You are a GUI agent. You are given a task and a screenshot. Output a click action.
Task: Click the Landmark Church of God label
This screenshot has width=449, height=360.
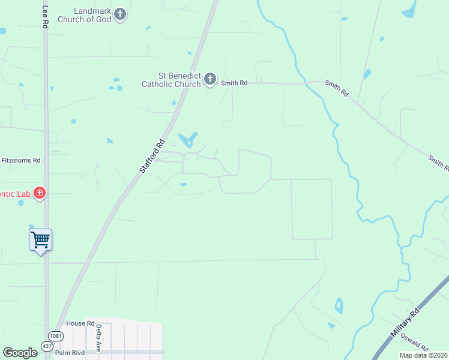click(84, 15)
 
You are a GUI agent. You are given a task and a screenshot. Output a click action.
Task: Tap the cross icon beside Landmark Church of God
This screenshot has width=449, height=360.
click(121, 14)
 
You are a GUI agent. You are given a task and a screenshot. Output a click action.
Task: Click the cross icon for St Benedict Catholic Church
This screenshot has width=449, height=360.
click(210, 79)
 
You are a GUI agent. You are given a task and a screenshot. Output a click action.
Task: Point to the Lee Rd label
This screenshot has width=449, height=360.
click(45, 17)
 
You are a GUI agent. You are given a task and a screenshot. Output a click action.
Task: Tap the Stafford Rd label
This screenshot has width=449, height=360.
click(152, 157)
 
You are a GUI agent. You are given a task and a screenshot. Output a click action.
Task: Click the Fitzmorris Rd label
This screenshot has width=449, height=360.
click(20, 160)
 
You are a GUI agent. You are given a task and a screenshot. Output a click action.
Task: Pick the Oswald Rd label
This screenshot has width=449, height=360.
click(415, 347)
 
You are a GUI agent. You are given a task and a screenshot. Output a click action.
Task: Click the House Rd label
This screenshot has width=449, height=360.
click(81, 323)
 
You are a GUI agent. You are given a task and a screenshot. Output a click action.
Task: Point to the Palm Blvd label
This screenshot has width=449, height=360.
click(70, 353)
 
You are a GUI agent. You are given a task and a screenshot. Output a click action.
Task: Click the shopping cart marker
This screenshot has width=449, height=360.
click(40, 241)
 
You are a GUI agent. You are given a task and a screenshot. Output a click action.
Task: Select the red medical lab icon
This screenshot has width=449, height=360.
click(40, 193)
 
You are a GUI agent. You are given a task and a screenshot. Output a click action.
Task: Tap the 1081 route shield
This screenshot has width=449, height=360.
click(56, 336)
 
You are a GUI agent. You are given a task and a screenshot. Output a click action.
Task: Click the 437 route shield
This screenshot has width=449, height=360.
click(47, 346)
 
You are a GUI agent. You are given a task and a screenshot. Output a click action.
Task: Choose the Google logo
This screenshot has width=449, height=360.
click(20, 353)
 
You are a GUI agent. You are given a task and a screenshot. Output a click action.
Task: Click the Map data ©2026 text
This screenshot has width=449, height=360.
click(424, 355)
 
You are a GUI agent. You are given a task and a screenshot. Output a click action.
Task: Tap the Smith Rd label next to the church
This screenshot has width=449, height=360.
click(234, 83)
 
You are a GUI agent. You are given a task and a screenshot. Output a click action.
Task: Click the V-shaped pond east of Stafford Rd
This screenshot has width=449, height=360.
click(188, 140)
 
